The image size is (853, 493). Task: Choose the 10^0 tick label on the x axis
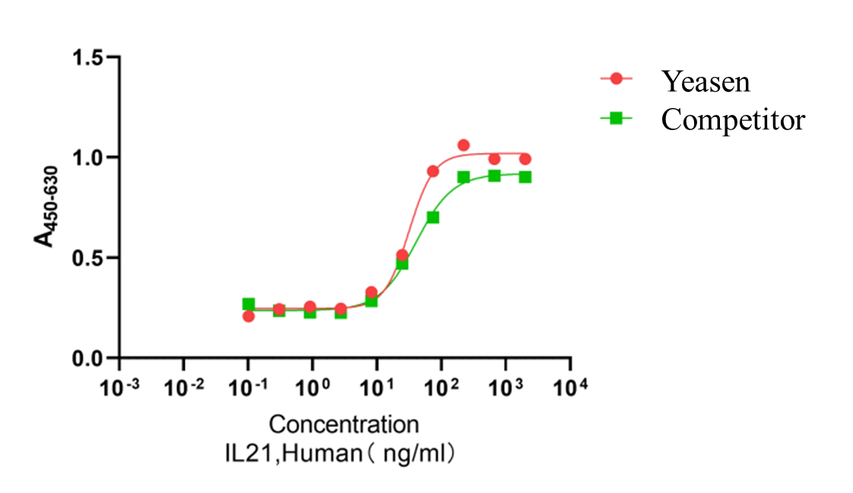(312, 386)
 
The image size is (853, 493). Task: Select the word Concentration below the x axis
(344, 424)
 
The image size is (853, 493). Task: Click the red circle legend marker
(617, 78)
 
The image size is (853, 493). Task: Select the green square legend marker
(617, 118)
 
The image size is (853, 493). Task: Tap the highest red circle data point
(464, 145)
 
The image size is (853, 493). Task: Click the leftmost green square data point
(249, 304)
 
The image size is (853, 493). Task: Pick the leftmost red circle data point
(249, 316)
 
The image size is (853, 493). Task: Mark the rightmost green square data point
(525, 177)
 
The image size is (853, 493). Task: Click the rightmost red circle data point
(525, 159)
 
